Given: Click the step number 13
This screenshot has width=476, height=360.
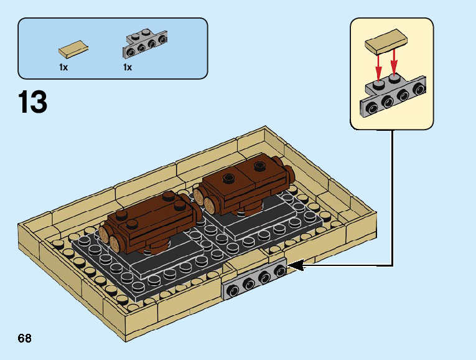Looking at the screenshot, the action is [32, 102].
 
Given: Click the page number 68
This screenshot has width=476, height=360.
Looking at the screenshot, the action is [25, 338].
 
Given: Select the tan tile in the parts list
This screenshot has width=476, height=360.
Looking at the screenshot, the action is [73, 49].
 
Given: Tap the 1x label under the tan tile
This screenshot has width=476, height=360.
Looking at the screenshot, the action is [63, 67].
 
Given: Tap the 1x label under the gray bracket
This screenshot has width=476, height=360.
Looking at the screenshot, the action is [128, 67].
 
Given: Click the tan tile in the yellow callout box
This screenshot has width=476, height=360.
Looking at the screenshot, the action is [386, 42].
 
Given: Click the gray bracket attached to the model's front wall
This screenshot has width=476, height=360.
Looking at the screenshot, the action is [255, 278].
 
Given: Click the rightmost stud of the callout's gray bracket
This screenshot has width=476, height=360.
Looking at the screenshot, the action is [419, 89].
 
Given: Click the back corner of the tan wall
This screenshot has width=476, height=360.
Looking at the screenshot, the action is [264, 126].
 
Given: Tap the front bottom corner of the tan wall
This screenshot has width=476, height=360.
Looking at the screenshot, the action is [126, 341].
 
